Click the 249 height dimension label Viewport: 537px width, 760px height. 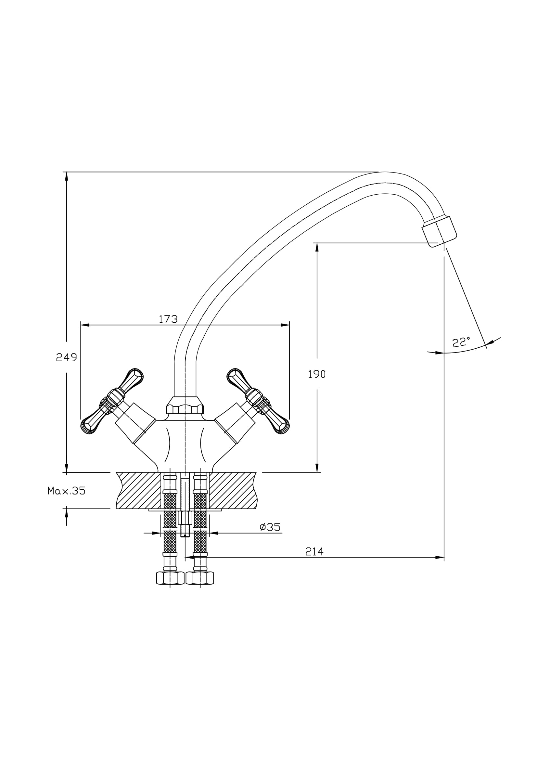coord(67,357)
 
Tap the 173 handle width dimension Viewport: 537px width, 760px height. coord(168,319)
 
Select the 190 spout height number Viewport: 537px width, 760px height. coord(317,374)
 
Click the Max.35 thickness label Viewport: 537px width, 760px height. coord(67,491)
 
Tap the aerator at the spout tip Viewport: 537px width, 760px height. coord(439,231)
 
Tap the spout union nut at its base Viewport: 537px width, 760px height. coord(185,406)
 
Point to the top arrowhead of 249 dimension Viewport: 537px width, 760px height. coord(67,176)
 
